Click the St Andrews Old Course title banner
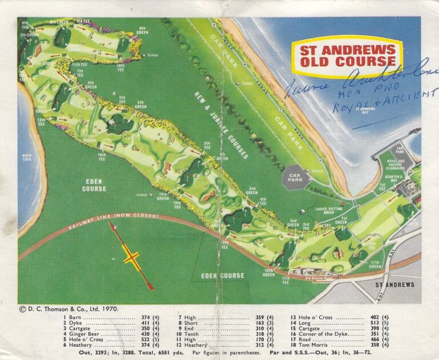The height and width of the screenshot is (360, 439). [x=348, y=55]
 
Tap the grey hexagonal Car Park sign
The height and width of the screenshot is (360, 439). [x=297, y=177]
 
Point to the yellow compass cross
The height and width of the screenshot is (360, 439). [x=132, y=257]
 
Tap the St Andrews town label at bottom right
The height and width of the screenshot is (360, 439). [x=394, y=284]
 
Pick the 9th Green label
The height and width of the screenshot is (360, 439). [x=141, y=30]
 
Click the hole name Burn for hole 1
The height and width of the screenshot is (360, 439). [x=75, y=317]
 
